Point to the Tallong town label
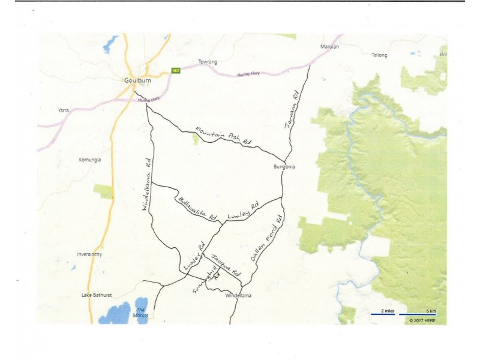(x=379, y=55)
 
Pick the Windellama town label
(x=238, y=296)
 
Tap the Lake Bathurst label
(x=97, y=295)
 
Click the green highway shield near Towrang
(x=176, y=70)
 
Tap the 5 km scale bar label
(x=430, y=311)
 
